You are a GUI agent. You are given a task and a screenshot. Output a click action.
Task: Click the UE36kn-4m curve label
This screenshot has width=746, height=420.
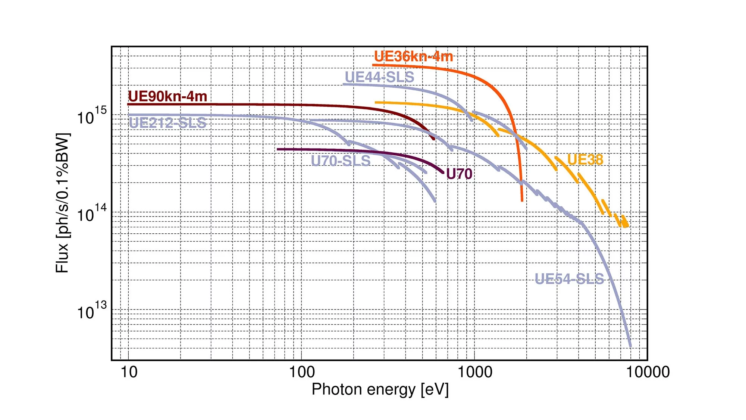pos(413,57)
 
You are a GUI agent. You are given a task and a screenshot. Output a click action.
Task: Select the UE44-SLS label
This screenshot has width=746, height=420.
pos(379,77)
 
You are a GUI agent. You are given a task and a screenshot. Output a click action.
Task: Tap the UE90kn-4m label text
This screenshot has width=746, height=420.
pos(167,96)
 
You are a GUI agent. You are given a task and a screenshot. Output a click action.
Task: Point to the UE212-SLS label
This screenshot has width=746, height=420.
pos(167,123)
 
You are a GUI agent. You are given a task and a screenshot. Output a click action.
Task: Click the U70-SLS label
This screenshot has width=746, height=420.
pos(341,161)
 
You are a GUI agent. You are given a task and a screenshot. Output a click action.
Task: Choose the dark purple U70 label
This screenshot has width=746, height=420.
pos(459,174)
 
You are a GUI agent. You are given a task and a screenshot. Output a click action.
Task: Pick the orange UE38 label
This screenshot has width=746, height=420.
pos(585,160)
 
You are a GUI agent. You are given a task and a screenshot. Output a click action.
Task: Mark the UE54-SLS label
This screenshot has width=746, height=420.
pos(569,279)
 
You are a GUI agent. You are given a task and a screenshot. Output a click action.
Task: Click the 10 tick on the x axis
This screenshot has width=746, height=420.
pos(129,372)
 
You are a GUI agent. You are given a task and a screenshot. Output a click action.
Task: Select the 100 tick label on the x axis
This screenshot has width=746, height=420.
pos(302,372)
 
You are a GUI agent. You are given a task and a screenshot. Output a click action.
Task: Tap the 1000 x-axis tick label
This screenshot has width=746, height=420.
pos(474,372)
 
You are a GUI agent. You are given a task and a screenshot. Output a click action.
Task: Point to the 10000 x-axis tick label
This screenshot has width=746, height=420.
pos(648,372)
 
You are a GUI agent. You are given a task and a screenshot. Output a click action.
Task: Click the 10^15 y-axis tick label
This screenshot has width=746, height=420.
pos(91,116)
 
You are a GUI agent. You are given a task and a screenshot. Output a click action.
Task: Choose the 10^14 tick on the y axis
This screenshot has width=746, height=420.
pos(91,213)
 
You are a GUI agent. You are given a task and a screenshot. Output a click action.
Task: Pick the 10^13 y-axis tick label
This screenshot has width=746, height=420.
pos(91,311)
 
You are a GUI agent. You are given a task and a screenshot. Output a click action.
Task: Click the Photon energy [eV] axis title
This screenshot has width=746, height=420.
pos(380,389)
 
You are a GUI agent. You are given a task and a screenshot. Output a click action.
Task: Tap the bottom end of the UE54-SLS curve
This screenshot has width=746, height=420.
pos(630,346)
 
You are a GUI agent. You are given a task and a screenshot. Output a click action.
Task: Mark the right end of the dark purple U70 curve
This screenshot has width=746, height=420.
pos(443,173)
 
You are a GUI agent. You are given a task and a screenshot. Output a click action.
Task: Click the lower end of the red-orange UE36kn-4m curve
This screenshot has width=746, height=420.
pos(522,200)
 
